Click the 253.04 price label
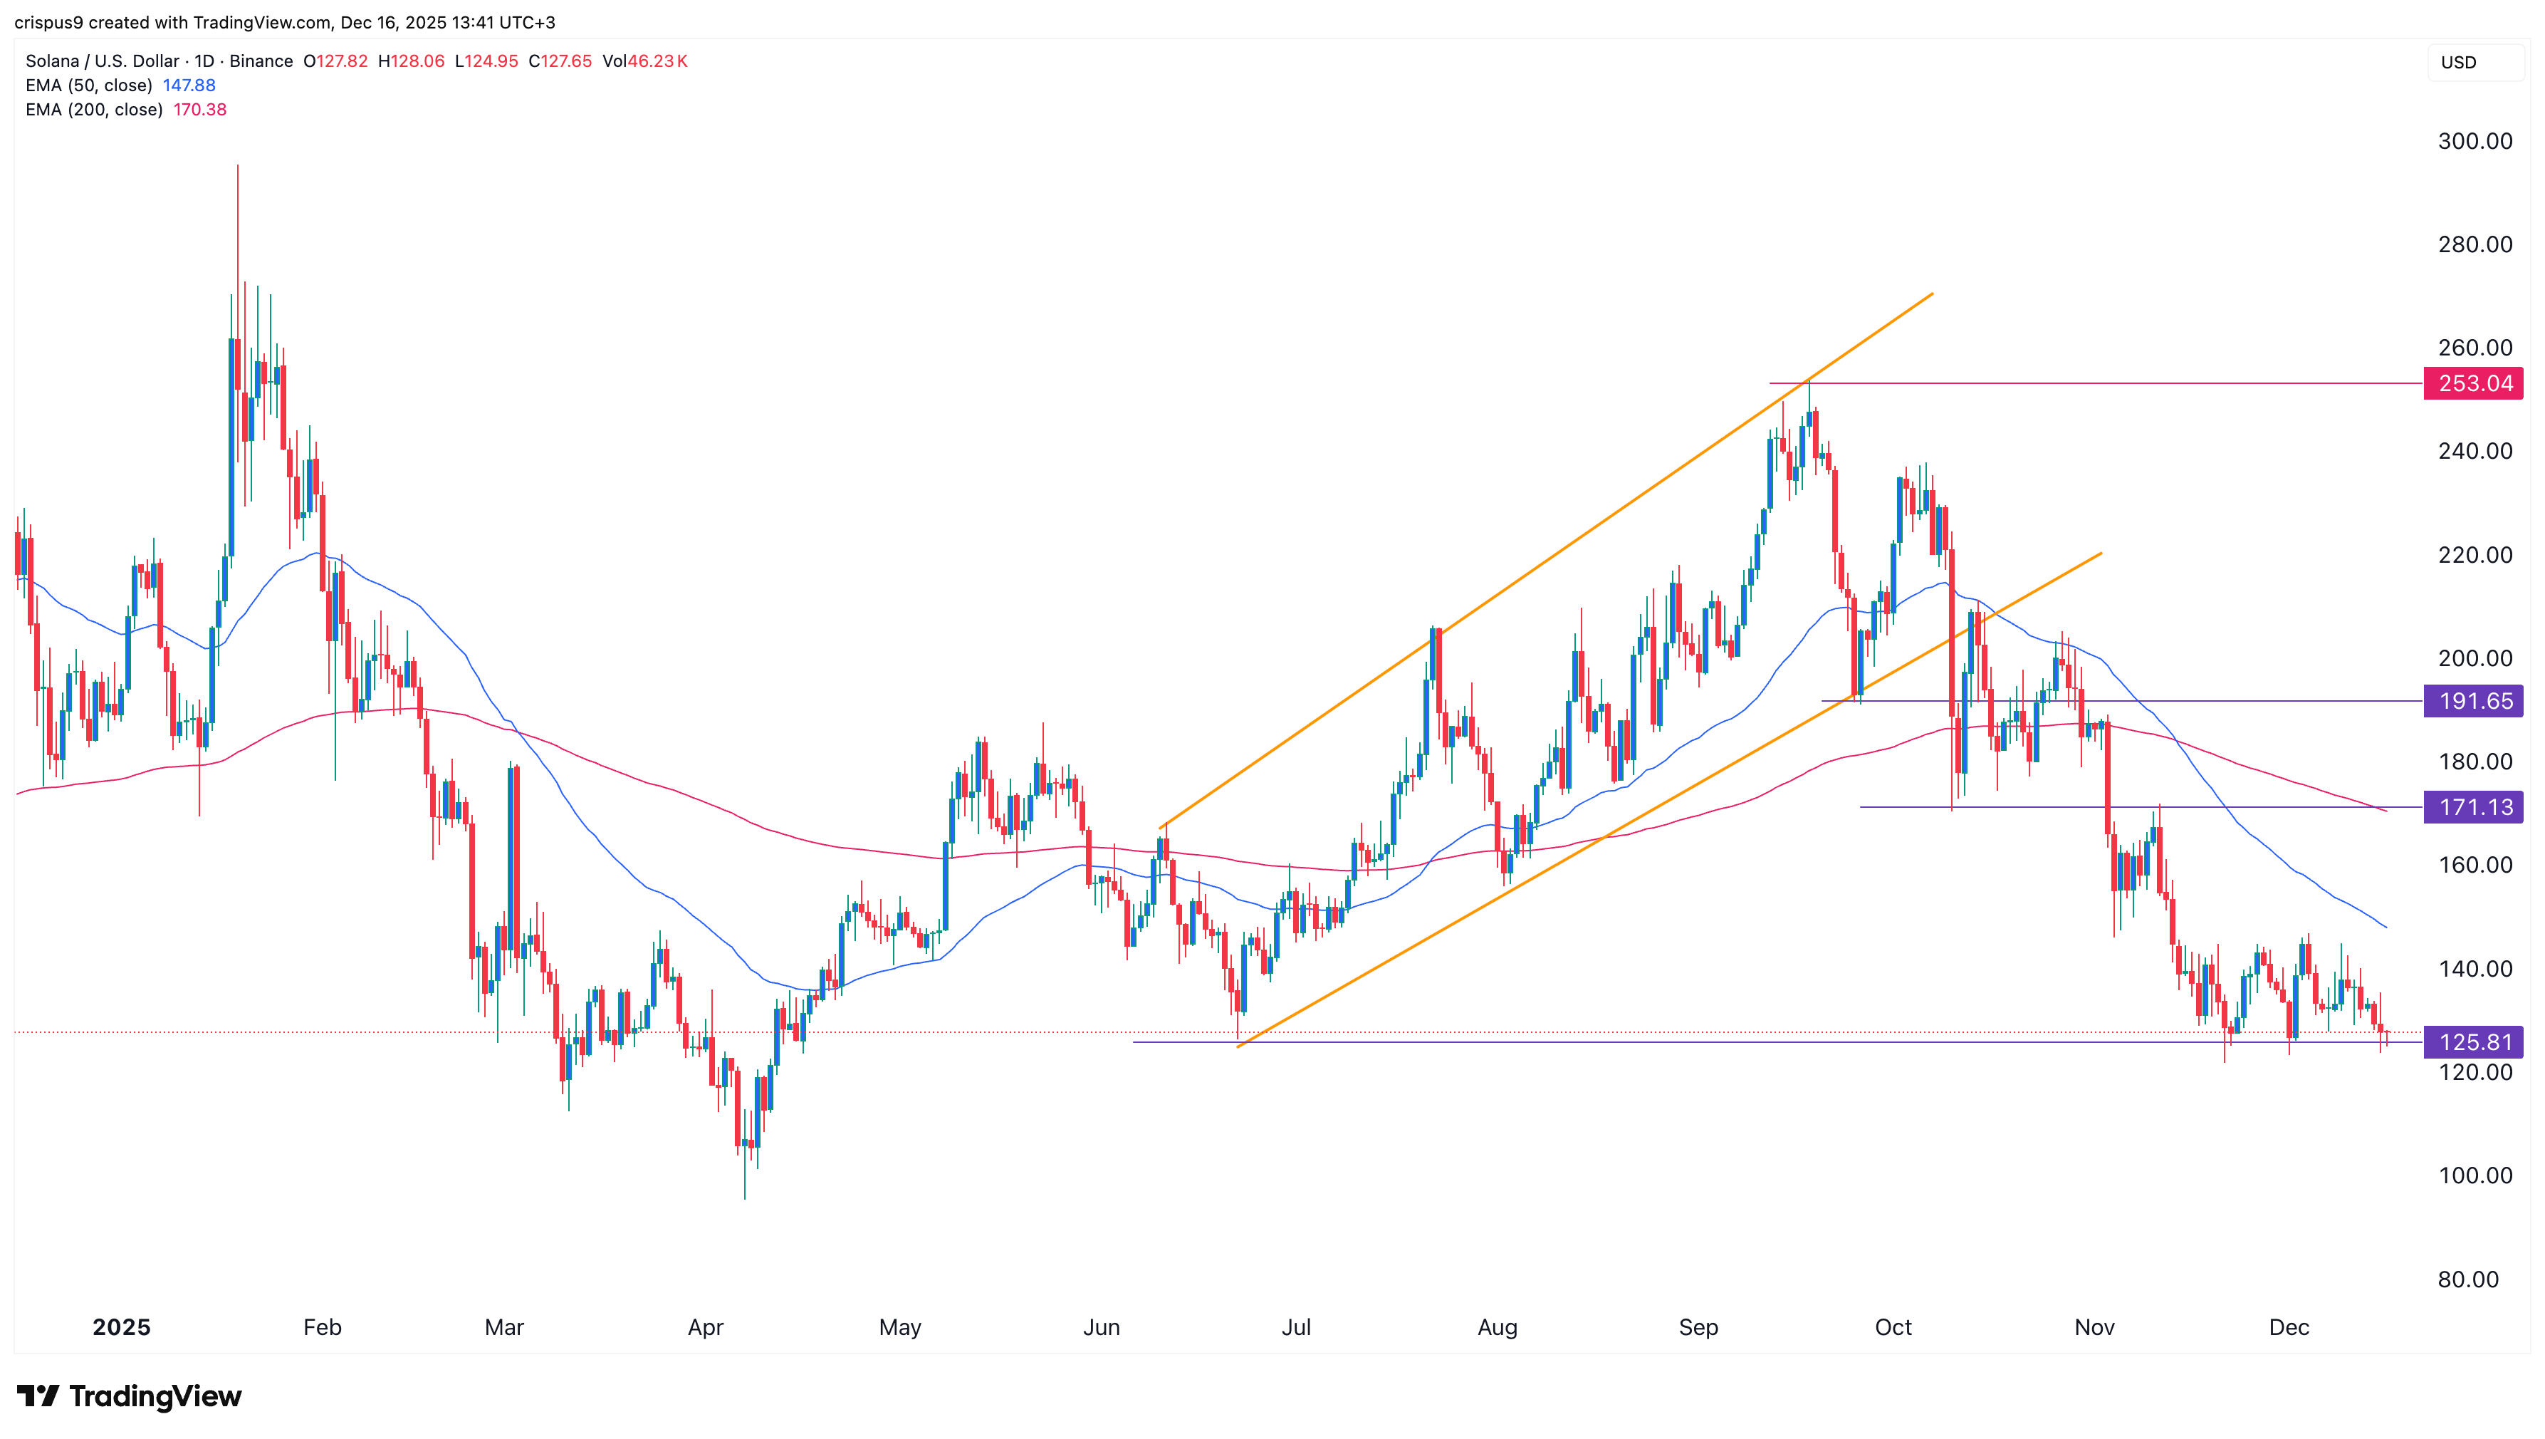[2473, 383]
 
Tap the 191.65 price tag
[2473, 702]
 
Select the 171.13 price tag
[2473, 807]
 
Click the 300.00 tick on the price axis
[2474, 141]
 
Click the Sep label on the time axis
[1698, 1327]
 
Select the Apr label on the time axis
[706, 1327]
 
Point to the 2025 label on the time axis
[122, 1327]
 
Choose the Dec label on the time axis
[2288, 1327]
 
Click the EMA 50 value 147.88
[189, 85]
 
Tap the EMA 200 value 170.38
[199, 110]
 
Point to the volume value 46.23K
[657, 61]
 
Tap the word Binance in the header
[261, 61]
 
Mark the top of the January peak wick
[237, 166]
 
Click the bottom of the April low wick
[745, 1198]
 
